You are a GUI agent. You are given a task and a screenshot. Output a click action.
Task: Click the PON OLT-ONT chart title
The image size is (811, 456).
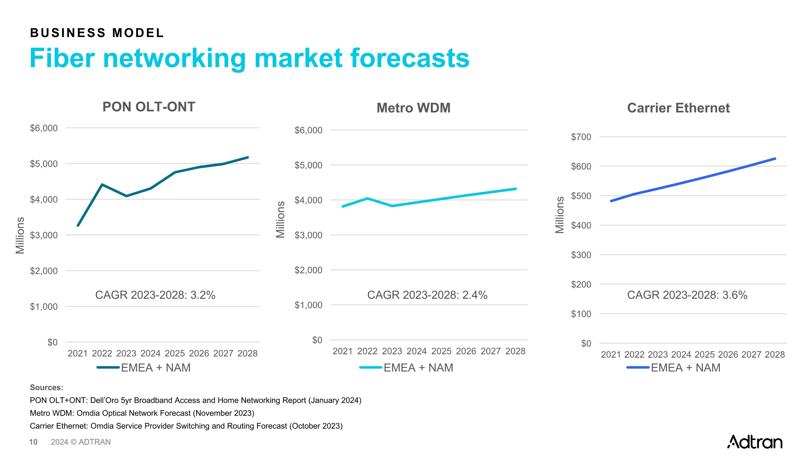(149, 107)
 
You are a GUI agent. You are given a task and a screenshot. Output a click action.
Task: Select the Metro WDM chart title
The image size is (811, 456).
(413, 108)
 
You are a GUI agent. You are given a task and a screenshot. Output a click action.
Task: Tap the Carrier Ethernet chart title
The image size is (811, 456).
(678, 108)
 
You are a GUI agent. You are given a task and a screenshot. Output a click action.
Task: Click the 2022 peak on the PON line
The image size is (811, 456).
(102, 184)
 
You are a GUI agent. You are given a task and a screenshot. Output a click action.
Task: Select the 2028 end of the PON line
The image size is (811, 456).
(248, 157)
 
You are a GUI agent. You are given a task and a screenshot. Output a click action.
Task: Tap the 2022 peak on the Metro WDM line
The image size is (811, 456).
(367, 198)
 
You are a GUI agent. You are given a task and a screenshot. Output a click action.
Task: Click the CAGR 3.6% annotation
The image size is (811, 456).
(687, 295)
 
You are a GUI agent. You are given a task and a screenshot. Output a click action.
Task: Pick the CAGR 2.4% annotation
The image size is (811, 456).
(427, 295)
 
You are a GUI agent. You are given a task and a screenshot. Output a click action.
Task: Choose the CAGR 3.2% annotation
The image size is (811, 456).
(155, 295)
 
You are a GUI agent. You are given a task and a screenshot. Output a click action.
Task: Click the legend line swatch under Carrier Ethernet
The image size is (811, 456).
(637, 368)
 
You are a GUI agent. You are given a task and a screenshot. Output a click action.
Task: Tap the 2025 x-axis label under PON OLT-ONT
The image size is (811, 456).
(175, 353)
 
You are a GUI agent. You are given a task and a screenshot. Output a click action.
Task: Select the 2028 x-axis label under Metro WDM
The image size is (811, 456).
(515, 351)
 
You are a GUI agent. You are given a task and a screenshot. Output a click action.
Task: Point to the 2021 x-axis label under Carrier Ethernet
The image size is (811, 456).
(611, 355)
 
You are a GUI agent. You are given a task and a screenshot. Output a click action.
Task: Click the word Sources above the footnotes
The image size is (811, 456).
(46, 387)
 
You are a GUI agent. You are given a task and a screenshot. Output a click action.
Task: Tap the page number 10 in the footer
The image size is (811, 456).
(33, 442)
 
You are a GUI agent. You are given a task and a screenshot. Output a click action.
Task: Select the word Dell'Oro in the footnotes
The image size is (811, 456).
(104, 400)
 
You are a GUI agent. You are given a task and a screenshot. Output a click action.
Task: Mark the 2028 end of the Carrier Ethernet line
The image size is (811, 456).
(775, 159)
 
